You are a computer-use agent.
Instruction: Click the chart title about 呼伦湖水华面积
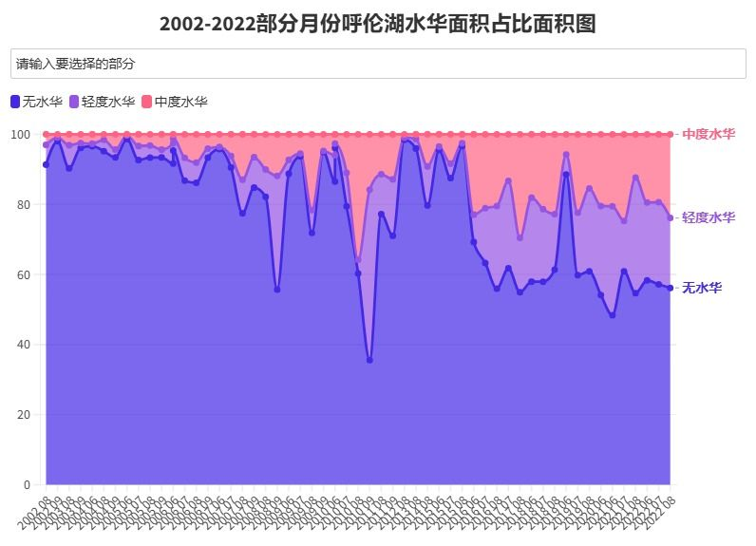coord(377,24)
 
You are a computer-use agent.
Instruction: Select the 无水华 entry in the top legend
coord(35,102)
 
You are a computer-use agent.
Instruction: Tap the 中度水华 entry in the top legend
coord(174,102)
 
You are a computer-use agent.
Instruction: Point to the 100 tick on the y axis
coord(21,134)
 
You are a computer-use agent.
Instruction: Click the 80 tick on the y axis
coord(24,204)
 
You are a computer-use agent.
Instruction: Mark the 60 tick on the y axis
coord(24,274)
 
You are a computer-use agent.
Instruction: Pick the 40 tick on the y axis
coord(24,345)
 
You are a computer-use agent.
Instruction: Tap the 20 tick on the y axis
coord(24,415)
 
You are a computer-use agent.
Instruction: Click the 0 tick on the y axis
coord(28,485)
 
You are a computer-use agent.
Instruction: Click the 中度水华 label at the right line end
coord(709,134)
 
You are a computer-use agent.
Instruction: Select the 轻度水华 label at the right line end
coord(709,217)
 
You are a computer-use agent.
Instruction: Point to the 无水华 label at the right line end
coord(702,288)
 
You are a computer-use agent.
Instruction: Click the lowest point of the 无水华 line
coord(369,361)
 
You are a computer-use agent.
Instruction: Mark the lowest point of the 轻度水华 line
coord(358,259)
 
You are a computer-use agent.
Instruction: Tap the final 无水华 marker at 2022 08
coord(670,288)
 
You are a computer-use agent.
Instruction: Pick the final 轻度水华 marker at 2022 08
coord(670,217)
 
